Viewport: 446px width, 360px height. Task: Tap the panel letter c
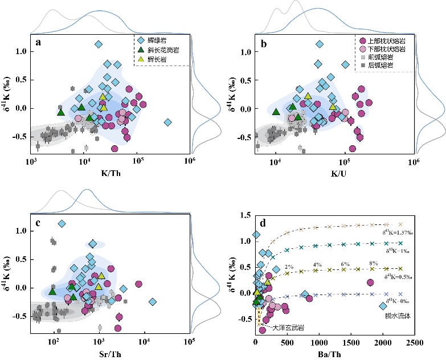[38, 223]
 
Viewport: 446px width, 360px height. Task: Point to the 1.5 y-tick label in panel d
[246, 215]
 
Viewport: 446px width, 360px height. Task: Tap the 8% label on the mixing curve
[374, 263]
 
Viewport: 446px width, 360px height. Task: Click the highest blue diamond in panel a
[99, 44]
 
